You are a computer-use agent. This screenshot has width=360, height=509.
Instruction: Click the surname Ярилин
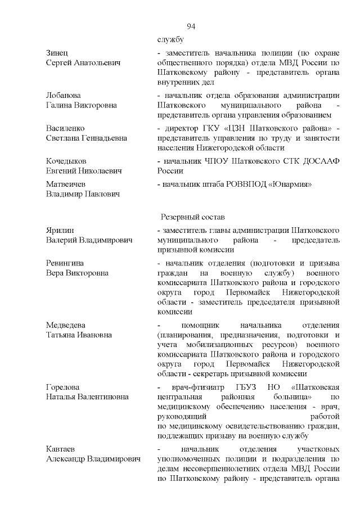coord(60,231)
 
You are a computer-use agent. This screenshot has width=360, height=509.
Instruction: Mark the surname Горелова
coord(62,387)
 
